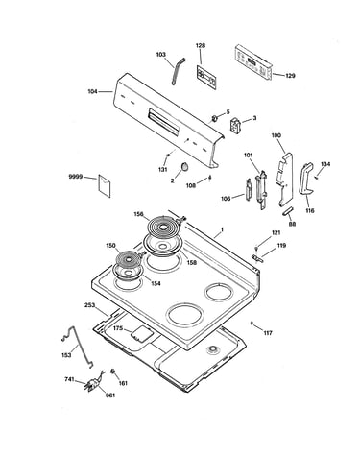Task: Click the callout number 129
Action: pos(290,76)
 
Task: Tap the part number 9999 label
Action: pos(76,177)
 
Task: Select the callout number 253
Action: pos(89,305)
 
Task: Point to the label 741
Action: pos(69,379)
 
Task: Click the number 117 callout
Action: pos(268,333)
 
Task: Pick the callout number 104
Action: pos(92,92)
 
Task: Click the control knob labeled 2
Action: pos(184,167)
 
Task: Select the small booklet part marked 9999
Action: pos(105,185)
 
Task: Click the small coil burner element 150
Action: pos(128,260)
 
